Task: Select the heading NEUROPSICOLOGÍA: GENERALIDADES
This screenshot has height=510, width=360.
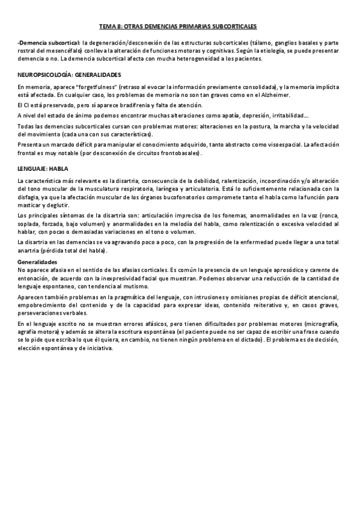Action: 69,75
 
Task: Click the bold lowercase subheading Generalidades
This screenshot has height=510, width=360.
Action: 37,262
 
